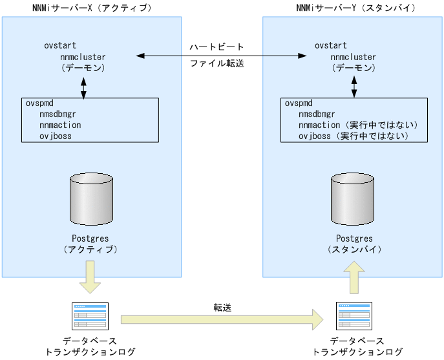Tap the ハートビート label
(x=217, y=47)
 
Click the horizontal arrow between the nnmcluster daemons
(x=220, y=56)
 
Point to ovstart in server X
(x=60, y=46)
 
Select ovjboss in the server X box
(x=56, y=136)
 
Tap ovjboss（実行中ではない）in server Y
(x=354, y=136)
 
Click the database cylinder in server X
(x=91, y=196)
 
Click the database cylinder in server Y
(x=353, y=196)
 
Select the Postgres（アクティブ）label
(x=91, y=244)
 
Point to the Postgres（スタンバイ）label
(x=354, y=244)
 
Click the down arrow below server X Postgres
(x=89, y=276)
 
